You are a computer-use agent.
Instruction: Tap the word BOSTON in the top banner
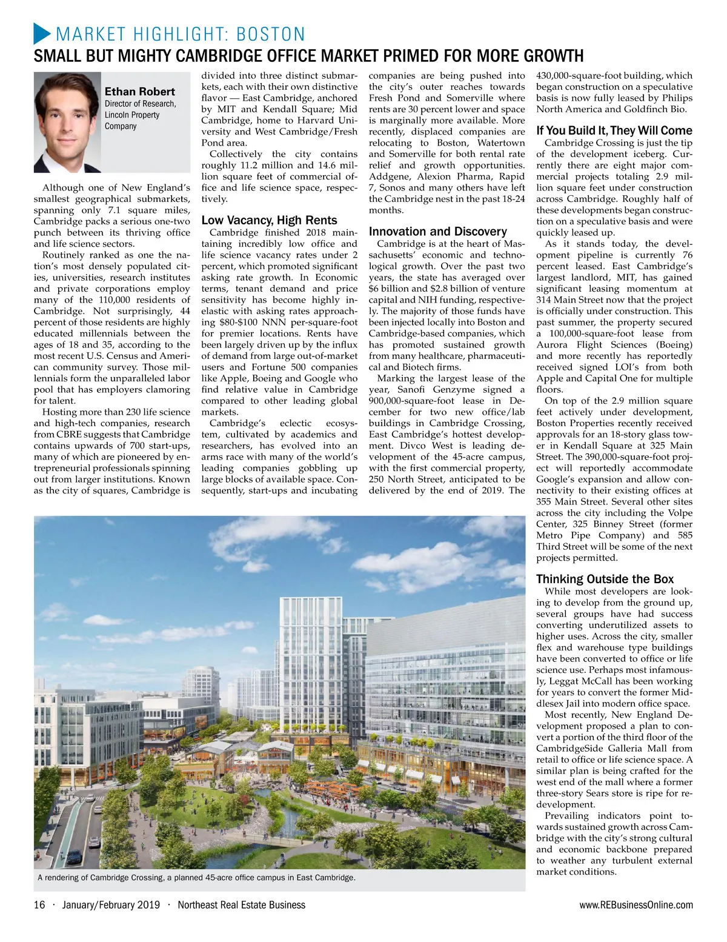click(x=270, y=34)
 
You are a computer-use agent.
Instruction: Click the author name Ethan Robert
click(x=140, y=92)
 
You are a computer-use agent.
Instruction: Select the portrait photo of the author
click(x=67, y=122)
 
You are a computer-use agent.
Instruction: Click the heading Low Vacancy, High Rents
click(x=269, y=220)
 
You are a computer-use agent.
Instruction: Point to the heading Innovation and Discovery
click(x=437, y=232)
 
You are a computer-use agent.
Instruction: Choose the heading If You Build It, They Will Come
click(x=614, y=131)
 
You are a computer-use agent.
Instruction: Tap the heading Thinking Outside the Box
click(x=605, y=579)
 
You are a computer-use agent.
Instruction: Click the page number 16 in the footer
click(x=39, y=905)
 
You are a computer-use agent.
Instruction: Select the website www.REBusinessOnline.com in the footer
click(x=636, y=905)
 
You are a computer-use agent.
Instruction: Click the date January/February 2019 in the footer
click(x=111, y=905)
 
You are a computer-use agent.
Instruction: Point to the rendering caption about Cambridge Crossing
click(x=196, y=877)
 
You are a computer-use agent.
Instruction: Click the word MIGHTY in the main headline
click(x=143, y=57)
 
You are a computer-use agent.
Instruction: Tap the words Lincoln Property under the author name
click(x=132, y=115)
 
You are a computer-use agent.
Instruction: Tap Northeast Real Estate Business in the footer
click(x=241, y=905)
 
